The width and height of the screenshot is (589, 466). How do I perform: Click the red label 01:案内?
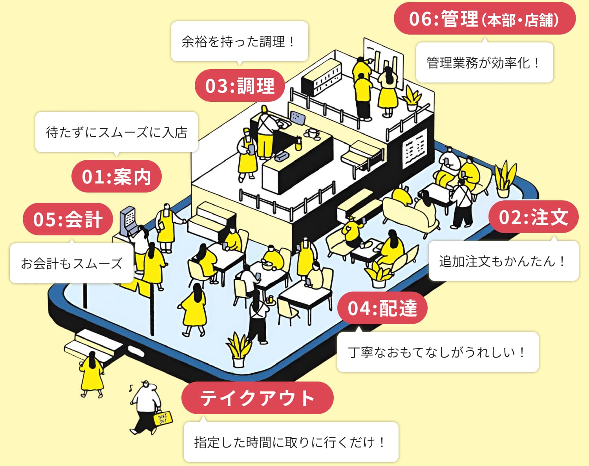(x=116, y=176)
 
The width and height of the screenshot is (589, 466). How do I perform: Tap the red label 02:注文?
(x=533, y=217)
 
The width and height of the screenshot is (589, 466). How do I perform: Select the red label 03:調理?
(x=240, y=86)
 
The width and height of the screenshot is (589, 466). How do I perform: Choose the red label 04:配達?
(x=382, y=308)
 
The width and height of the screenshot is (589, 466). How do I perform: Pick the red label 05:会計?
(x=68, y=219)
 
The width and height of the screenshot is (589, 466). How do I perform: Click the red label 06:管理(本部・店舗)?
(x=484, y=18)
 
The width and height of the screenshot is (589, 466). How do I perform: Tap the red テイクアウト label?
(x=257, y=398)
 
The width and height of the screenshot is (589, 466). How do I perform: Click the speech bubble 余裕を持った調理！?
(x=239, y=41)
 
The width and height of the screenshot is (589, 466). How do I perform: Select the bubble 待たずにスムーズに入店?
(x=116, y=132)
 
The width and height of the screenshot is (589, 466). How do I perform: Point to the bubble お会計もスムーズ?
(x=71, y=263)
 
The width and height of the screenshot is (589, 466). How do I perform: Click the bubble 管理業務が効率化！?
(x=484, y=62)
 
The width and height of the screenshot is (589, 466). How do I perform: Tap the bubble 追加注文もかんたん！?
(x=503, y=261)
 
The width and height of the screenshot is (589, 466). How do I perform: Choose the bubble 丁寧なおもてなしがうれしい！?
(x=437, y=352)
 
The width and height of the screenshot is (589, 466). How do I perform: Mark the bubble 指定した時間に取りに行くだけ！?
(x=291, y=442)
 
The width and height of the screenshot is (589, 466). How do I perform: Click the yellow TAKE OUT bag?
(x=162, y=418)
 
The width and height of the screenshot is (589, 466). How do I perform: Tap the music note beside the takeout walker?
(x=131, y=388)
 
